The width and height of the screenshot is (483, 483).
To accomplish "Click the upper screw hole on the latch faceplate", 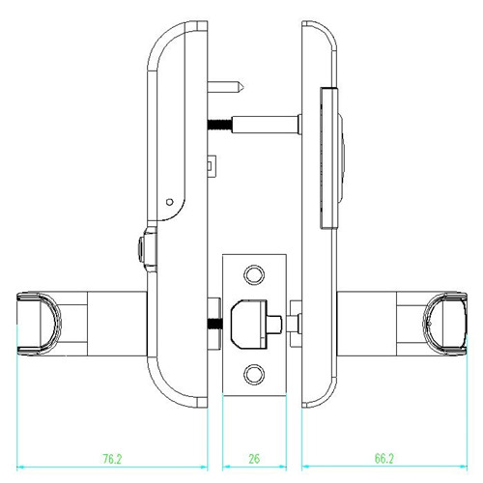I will pyautogui.click(x=255, y=274).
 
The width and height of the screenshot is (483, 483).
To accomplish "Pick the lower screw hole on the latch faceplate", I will pyautogui.click(x=255, y=372).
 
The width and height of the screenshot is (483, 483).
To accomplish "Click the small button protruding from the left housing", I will pyautogui.click(x=145, y=249).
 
